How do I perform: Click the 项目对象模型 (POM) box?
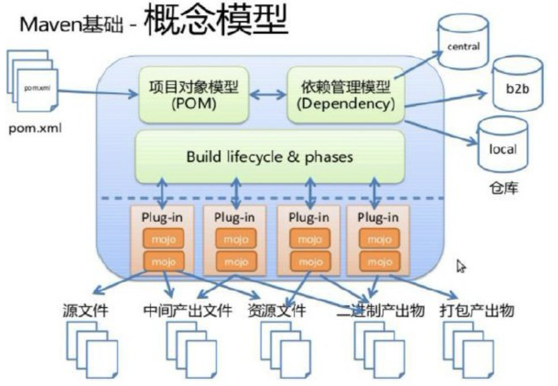pyautogui.click(x=194, y=95)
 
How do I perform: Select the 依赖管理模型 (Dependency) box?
pyautogui.click(x=346, y=95)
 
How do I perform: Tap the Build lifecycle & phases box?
pyautogui.click(x=269, y=156)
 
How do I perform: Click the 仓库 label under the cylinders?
pyautogui.click(x=503, y=187)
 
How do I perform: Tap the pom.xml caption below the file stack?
pyautogui.click(x=35, y=128)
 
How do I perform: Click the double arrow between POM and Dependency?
pyautogui.click(x=268, y=95)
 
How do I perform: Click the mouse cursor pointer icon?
pyautogui.click(x=461, y=266)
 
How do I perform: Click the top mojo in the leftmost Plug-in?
pyautogui.click(x=163, y=239)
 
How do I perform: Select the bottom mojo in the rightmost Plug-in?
pyautogui.click(x=379, y=262)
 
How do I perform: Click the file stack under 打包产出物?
pyautogui.click(x=468, y=349)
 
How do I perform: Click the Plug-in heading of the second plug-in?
pyautogui.click(x=235, y=217)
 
